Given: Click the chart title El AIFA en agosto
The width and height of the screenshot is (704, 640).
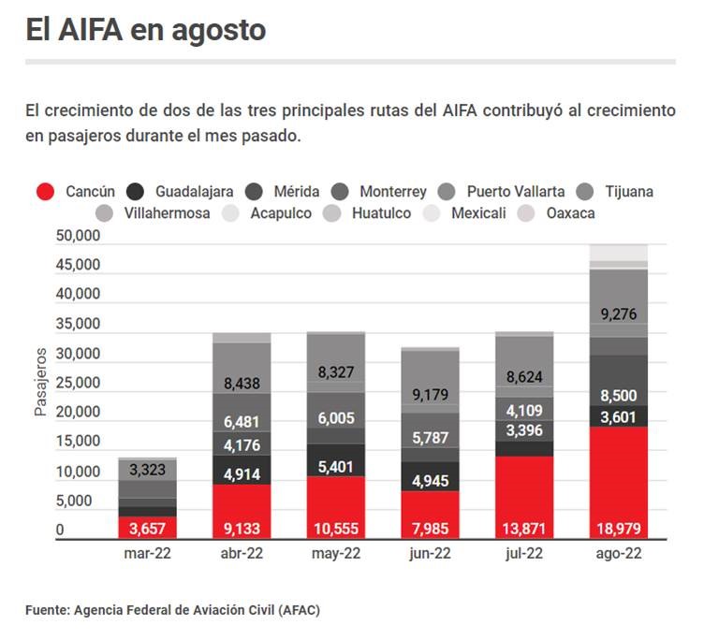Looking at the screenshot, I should coord(146,30).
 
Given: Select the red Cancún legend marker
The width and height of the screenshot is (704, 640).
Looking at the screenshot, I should coord(46,192).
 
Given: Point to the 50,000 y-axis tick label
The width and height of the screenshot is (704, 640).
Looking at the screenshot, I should coord(79,236).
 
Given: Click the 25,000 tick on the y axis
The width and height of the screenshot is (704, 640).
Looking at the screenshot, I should coord(79,383).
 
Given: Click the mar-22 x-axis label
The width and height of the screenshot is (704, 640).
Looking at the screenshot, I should coord(148,554).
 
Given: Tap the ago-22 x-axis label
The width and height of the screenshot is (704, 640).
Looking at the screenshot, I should coord(619,554).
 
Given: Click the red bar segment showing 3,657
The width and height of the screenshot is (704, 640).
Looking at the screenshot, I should coord(148,529).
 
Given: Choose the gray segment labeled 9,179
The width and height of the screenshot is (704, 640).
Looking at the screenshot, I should coord(430,394).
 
